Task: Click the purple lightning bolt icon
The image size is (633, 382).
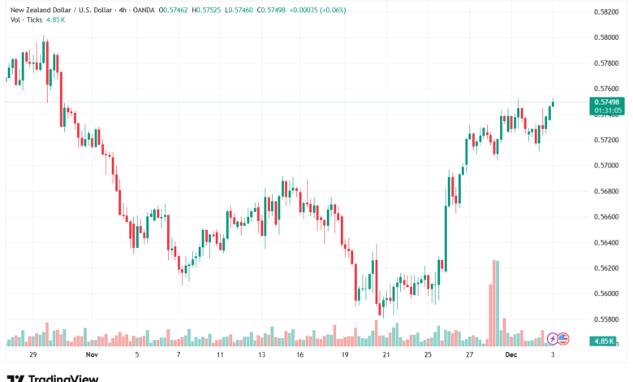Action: tap(553, 338)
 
